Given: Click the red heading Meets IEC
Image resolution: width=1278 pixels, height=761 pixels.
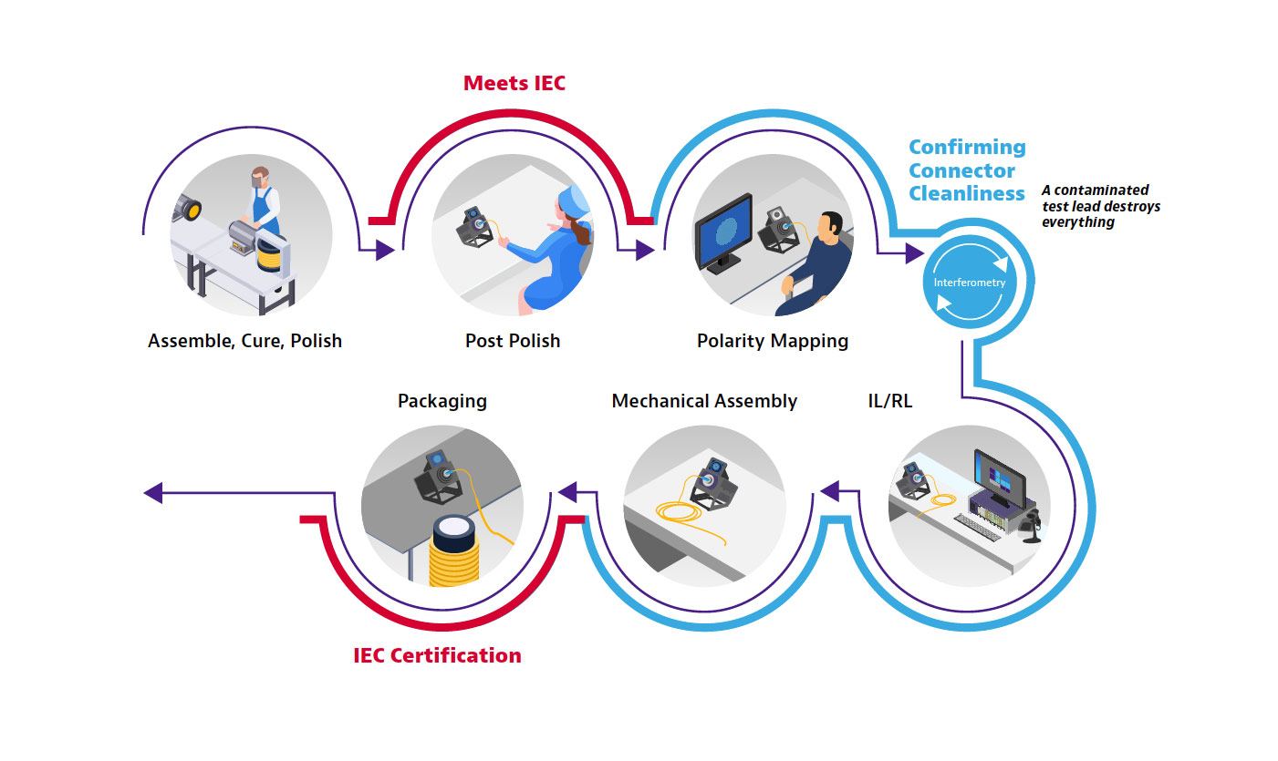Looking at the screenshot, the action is (514, 83).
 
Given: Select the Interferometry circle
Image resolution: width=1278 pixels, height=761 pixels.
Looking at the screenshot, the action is (970, 282).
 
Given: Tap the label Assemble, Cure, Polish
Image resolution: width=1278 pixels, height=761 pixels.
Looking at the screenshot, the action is (244, 341).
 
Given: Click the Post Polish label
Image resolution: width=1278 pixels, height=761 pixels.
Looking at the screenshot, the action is (513, 341).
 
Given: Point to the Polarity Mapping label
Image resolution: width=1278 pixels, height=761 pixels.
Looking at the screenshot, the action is (773, 341).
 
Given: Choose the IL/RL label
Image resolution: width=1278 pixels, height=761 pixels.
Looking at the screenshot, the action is (890, 401).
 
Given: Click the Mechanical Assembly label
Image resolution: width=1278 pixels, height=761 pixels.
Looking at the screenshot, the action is (704, 401).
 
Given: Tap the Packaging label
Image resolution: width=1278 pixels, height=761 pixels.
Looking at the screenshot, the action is (442, 401).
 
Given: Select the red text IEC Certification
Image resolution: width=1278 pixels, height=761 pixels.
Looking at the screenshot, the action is (437, 655).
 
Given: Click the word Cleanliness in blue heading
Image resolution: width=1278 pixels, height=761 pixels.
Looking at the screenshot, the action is (967, 194).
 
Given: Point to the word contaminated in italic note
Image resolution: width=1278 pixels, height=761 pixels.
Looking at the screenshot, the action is (1101, 190).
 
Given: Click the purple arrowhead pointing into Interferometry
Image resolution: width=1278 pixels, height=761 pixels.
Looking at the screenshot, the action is (915, 253).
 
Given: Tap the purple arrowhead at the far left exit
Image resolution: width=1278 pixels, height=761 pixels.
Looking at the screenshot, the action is (153, 493).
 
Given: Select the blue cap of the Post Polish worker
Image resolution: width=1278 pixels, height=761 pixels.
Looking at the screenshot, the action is (574, 201).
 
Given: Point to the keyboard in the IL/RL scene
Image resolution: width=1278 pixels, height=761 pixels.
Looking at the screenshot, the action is (977, 528).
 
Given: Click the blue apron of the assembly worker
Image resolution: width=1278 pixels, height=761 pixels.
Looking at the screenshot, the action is (263, 209).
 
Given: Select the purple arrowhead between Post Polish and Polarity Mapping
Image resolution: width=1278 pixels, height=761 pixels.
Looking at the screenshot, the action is (645, 250).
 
